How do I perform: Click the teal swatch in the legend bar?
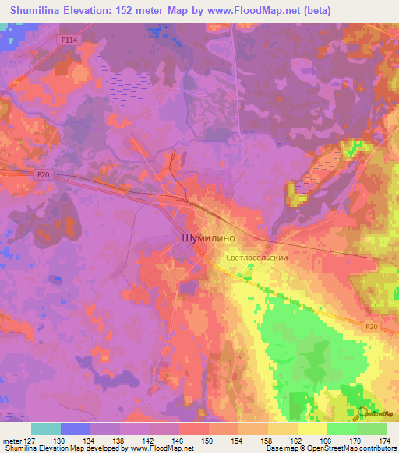(46, 429)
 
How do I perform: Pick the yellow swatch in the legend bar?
(312, 429)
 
